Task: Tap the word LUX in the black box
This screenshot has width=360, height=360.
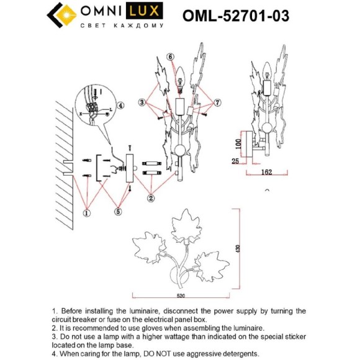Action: click(146, 12)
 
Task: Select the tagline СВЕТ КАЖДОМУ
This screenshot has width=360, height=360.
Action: click(122, 26)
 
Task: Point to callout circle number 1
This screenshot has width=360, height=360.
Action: click(88, 213)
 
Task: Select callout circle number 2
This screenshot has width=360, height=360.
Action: click(150, 199)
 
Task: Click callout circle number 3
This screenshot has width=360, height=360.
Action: click(143, 101)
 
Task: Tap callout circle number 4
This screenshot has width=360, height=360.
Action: click(122, 105)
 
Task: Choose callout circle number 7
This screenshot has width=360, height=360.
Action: click(217, 101)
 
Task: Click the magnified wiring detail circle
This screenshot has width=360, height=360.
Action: click(96, 107)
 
